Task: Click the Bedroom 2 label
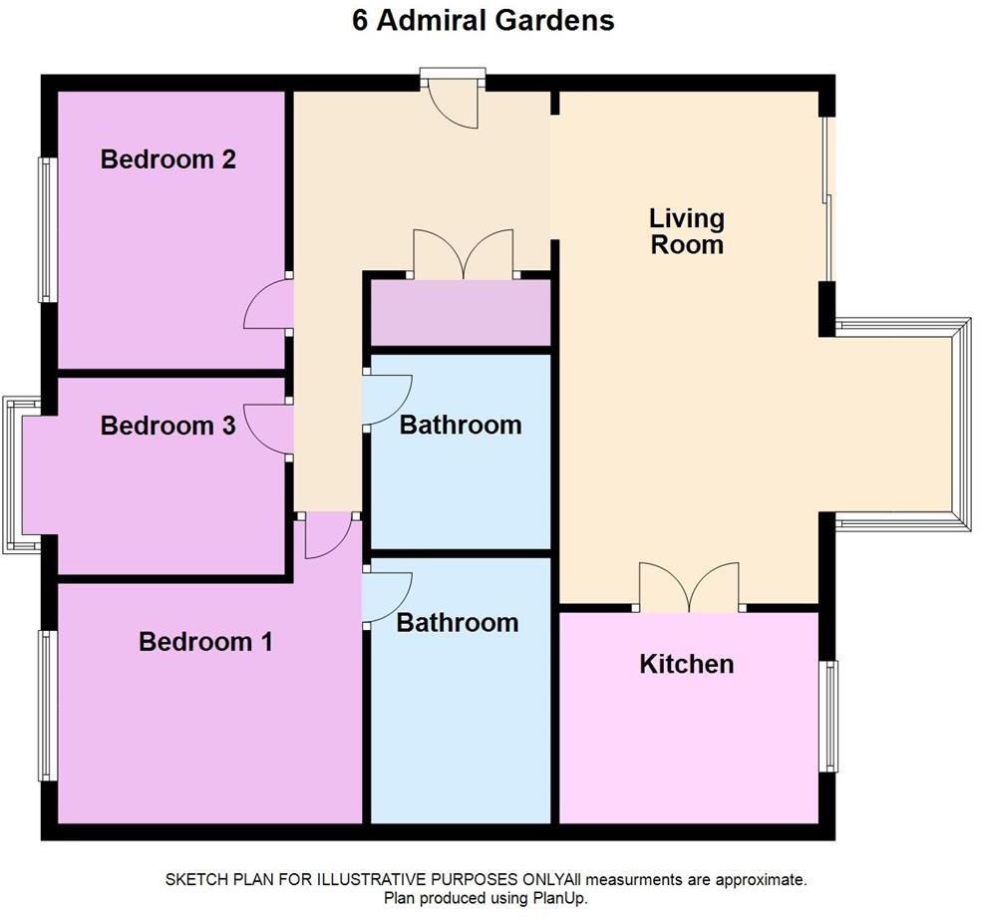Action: click(167, 159)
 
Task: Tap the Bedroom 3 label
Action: click(167, 426)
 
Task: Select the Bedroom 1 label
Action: click(205, 641)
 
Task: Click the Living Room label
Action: click(686, 231)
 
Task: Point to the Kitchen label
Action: click(686, 664)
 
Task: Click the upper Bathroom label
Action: click(460, 425)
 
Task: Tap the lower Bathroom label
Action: click(457, 623)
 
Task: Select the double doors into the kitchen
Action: click(689, 588)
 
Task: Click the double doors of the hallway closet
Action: click(464, 255)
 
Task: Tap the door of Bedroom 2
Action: click(266, 305)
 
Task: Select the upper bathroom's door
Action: click(387, 399)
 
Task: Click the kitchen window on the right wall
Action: click(828, 716)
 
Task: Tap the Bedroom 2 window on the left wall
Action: click(46, 229)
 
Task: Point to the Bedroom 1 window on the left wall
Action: click(46, 705)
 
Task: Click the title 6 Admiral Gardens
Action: click(483, 20)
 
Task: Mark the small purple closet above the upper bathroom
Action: click(460, 313)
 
